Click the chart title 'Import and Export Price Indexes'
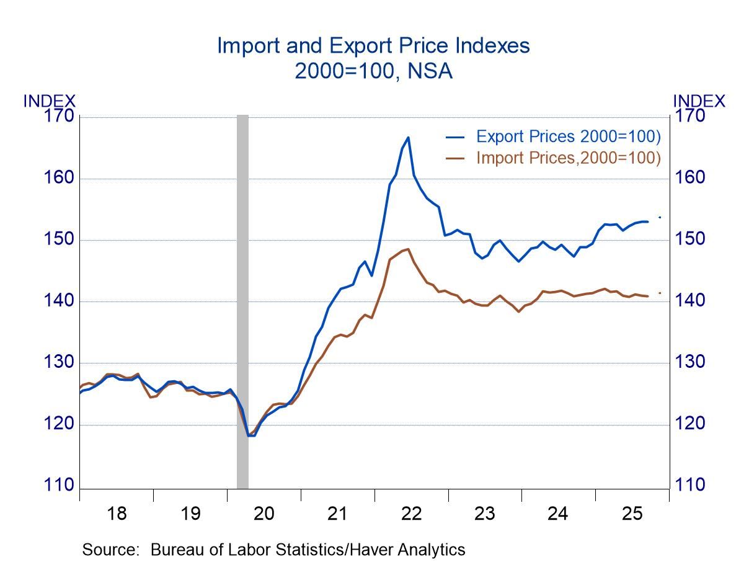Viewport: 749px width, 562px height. click(x=373, y=46)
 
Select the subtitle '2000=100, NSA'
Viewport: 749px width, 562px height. click(x=373, y=71)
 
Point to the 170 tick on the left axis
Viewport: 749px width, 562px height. click(x=60, y=117)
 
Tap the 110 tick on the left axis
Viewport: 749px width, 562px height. click(x=60, y=485)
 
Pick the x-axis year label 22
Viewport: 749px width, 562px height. click(x=411, y=514)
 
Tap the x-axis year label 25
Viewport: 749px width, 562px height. click(x=632, y=514)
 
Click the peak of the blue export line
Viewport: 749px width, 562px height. click(x=408, y=138)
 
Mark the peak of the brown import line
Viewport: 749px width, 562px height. click(x=408, y=249)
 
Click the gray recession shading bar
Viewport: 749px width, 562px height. click(x=242, y=298)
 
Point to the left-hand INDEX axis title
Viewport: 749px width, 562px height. click(x=49, y=101)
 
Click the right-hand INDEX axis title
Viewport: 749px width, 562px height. click(x=699, y=101)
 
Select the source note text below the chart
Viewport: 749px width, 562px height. click(x=273, y=550)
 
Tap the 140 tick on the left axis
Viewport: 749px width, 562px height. click(x=60, y=301)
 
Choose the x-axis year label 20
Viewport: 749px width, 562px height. click(x=264, y=514)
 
